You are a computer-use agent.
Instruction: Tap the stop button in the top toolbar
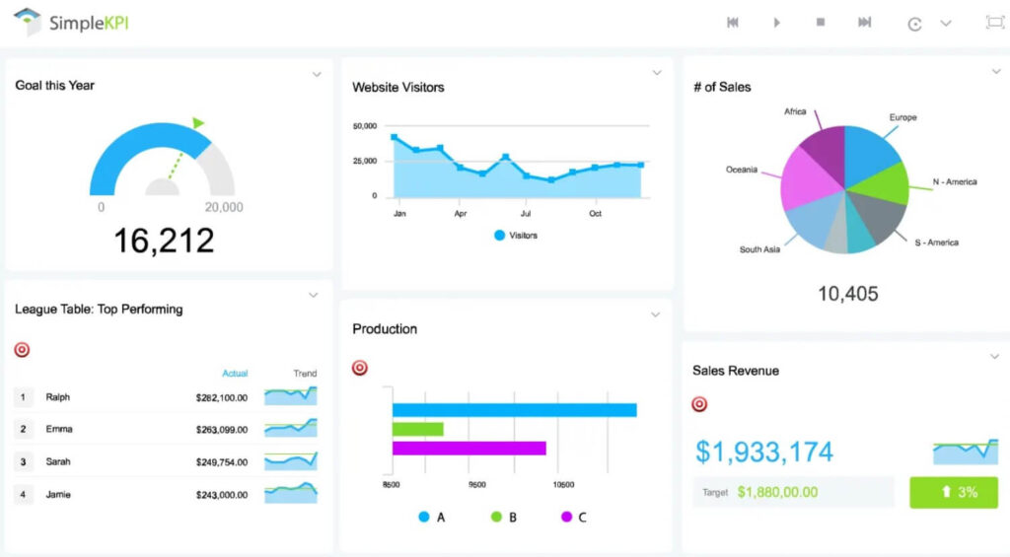[x=820, y=23]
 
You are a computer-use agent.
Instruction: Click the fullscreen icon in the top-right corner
[x=994, y=23]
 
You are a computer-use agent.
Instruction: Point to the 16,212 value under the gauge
[x=163, y=240]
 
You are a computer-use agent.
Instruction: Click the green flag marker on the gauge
[x=198, y=123]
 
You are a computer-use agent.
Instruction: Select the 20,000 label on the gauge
[x=223, y=207]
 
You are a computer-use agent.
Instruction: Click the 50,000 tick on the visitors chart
[x=364, y=126]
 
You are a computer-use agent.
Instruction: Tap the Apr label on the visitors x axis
[x=460, y=213]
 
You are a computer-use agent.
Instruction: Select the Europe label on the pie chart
[x=902, y=117]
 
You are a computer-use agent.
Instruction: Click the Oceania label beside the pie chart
[x=742, y=170]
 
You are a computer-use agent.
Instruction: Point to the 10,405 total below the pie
[x=847, y=294]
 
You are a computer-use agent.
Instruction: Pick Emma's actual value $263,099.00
[x=221, y=430]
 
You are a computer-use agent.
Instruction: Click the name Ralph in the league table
[x=58, y=397]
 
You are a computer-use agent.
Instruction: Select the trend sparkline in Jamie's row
[x=290, y=493]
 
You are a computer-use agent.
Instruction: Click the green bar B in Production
[x=417, y=429]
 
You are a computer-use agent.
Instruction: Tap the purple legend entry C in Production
[x=573, y=517]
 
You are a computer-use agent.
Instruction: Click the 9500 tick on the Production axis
[x=477, y=485]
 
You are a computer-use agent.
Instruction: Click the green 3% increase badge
[x=952, y=492]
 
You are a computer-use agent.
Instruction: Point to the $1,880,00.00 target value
[x=777, y=492]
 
